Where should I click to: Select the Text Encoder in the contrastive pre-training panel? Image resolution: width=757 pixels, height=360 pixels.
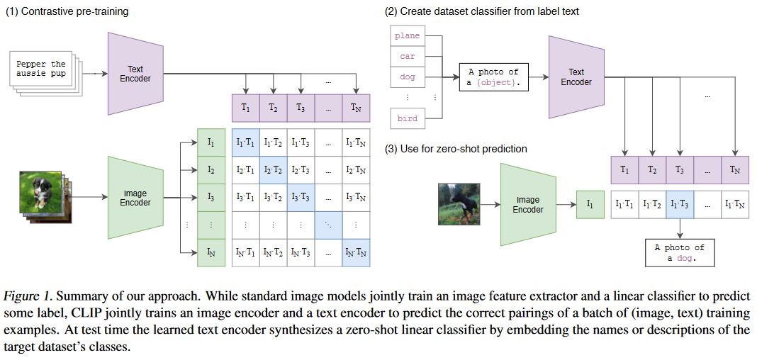pyautogui.click(x=135, y=74)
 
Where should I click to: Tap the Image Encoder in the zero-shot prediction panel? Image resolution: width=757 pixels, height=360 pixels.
pyautogui.click(x=528, y=205)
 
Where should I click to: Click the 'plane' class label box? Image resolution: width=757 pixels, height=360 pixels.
pyautogui.click(x=408, y=36)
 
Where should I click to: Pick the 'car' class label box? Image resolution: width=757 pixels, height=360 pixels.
pyautogui.click(x=408, y=56)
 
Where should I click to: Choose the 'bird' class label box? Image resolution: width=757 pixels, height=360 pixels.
pyautogui.click(x=408, y=118)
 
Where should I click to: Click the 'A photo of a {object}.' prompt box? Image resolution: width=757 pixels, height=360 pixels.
pyautogui.click(x=493, y=77)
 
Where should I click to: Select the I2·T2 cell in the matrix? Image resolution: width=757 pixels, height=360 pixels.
pyautogui.click(x=273, y=170)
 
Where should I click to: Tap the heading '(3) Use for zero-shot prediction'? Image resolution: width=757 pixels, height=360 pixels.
pyautogui.click(x=456, y=149)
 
